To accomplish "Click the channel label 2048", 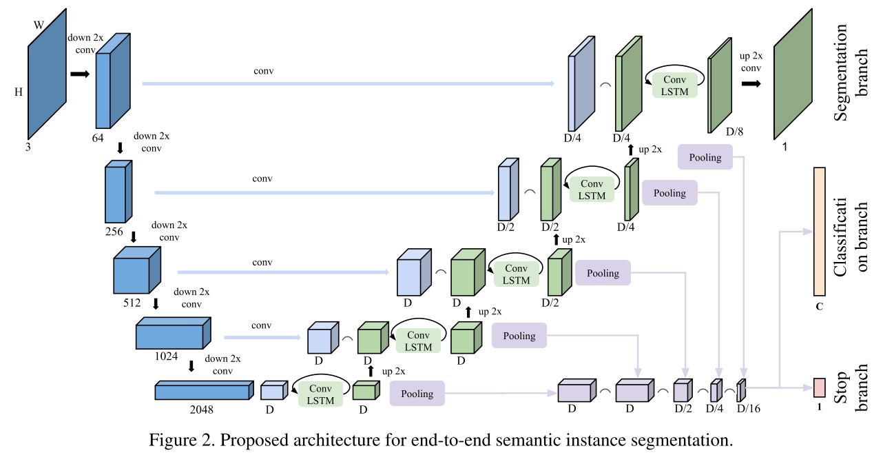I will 202,409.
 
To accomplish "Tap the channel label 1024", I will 166,356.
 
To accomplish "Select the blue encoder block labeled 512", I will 136,272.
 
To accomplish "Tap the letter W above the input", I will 39,26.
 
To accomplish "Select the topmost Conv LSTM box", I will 674,84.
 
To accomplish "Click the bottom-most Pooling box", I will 417,394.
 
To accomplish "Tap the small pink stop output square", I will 819,387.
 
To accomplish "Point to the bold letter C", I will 819,306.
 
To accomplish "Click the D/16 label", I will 749,409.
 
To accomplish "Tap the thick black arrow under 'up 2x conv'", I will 751,84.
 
